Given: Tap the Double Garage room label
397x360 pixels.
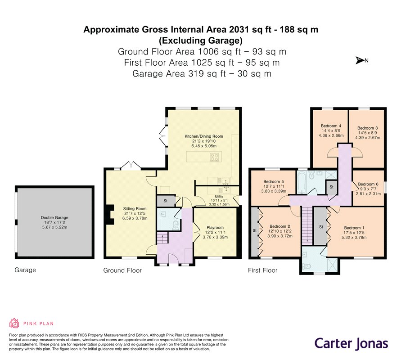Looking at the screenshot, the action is pos(54,217).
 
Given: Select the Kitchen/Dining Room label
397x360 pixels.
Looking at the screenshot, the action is pos(204,136).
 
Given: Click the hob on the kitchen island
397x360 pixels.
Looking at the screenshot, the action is pos(214,157).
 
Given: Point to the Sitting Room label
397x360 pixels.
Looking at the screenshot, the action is pos(135,209).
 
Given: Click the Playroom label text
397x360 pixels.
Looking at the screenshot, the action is pos(215,227).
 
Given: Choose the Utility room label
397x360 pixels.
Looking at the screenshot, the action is pos(219,197).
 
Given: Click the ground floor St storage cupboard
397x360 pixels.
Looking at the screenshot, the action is pos(166,201).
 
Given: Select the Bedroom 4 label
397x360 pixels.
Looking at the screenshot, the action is pos(331,126).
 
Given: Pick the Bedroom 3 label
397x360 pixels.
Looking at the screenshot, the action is pos(368,128).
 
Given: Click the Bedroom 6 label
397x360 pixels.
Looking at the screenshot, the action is pos(368,184).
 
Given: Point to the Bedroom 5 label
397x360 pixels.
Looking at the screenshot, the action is pos(274,181).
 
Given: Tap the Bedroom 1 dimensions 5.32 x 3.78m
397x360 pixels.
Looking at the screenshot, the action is pos(354,238).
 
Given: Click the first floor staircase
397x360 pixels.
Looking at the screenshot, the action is pos(307,225).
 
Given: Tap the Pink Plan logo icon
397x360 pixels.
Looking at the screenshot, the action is pos(14,323).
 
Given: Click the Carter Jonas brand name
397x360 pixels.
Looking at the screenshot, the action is pos(351,344).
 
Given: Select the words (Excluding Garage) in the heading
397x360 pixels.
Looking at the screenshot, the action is pos(201,40).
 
